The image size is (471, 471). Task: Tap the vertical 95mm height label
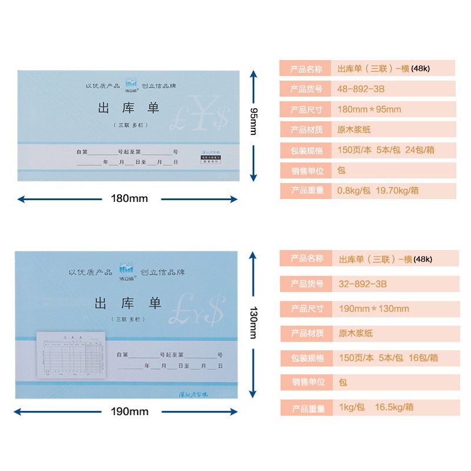coord(254,121)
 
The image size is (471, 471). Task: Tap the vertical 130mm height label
coord(253,322)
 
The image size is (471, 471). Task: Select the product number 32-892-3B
coord(363,284)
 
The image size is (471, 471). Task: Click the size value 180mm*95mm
coord(369,109)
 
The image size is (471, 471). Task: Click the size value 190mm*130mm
coord(374,309)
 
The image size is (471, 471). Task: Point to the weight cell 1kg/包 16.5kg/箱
coord(376,407)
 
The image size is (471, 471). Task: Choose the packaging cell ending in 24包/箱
coord(386,150)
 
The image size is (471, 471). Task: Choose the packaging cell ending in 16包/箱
coord(388,357)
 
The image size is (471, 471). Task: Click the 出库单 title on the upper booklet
coord(128,108)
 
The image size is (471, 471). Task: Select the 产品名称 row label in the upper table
coord(306,69)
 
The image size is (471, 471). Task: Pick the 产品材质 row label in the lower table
coord(307,333)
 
